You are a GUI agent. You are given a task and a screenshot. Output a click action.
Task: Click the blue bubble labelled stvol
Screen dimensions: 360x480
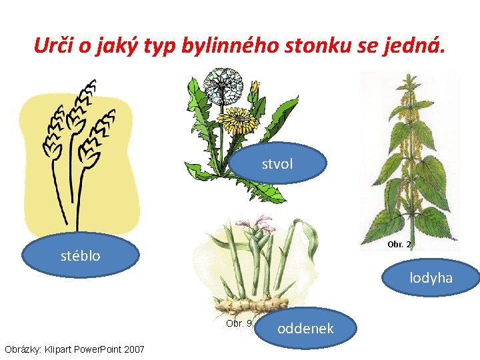click(277, 163)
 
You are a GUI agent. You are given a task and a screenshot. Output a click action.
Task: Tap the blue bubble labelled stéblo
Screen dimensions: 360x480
click(81, 255)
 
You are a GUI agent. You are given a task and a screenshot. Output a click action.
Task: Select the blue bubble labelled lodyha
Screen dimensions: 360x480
click(431, 277)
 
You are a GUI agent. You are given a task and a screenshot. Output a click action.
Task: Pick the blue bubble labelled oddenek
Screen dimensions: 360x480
click(305, 328)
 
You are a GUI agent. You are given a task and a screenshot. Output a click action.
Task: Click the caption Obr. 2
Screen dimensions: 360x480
click(399, 245)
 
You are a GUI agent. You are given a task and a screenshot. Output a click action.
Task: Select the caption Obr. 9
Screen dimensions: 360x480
click(239, 323)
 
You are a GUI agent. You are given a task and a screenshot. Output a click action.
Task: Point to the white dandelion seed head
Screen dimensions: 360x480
click(223, 87)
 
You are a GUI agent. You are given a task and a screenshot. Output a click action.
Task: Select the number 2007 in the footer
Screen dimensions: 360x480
click(133, 349)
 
